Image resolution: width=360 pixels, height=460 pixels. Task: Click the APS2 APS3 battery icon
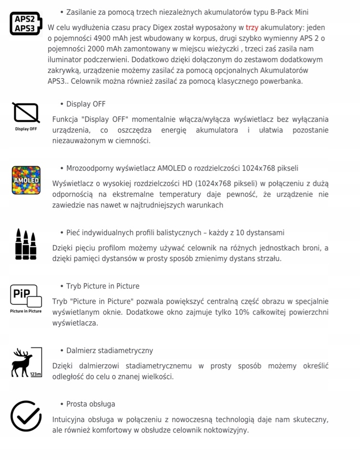[x=25, y=24]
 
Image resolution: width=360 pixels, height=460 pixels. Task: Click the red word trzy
[x=252, y=28]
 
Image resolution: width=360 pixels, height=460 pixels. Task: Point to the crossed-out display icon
[x=26, y=113]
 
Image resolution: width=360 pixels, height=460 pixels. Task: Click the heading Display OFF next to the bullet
[x=86, y=104]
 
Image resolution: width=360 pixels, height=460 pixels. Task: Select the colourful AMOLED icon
[x=26, y=180]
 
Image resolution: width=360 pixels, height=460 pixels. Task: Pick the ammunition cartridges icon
[x=26, y=244]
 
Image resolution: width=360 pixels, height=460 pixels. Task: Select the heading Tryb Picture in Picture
[x=103, y=286]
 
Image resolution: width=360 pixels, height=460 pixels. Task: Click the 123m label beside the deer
[x=36, y=374]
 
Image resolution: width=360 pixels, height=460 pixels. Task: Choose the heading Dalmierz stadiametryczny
[x=110, y=351]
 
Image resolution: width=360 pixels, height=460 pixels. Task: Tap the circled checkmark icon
[x=26, y=416]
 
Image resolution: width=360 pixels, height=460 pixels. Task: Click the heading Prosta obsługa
[x=90, y=404]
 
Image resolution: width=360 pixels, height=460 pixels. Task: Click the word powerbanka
[x=281, y=81]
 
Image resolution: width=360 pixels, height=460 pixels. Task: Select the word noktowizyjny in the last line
[x=225, y=430]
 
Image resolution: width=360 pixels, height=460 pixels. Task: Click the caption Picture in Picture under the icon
[x=26, y=311]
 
